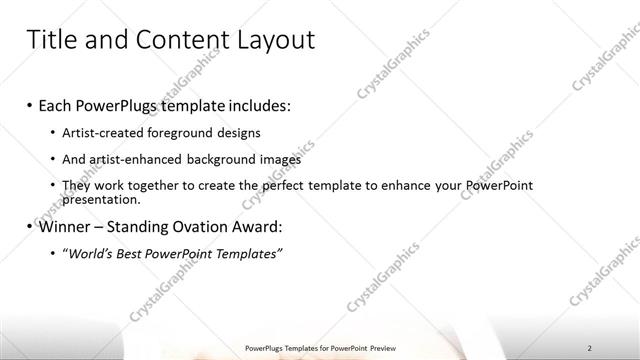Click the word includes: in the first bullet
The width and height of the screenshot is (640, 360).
coord(260,105)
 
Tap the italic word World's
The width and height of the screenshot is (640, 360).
coord(90,254)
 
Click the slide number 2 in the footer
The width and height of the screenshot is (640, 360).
coord(589,347)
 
